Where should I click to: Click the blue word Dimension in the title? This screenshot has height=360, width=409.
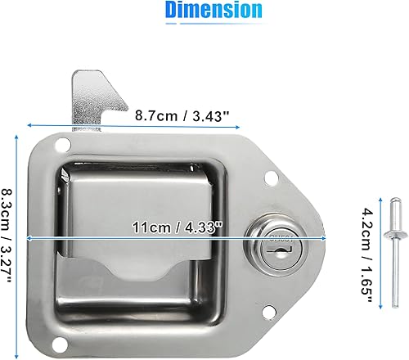point(213,11)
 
